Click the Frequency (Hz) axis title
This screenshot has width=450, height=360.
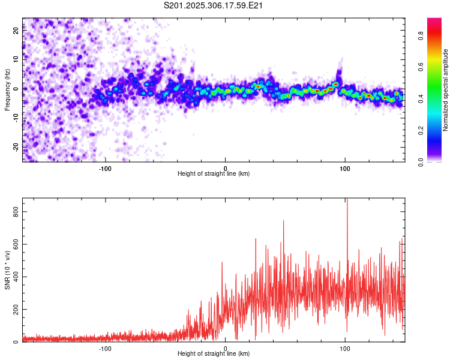click(7, 89)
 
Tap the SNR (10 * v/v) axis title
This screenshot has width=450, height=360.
click(7, 270)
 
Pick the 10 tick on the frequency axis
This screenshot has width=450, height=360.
click(16, 60)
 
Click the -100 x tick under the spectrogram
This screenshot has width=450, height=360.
click(106, 168)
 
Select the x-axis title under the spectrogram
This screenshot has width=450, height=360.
click(214, 174)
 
